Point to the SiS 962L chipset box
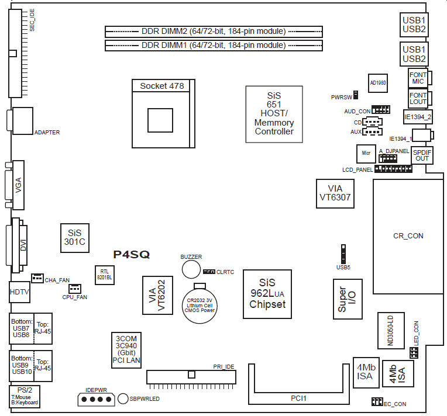267,294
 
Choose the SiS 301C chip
75,237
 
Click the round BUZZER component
191,268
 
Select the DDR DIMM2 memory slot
214,31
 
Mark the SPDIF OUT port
422,155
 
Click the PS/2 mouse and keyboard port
25,396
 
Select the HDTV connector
19,291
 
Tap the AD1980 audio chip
377,84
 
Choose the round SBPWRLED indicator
123,398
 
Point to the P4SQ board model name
131,254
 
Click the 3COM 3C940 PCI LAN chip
126,349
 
